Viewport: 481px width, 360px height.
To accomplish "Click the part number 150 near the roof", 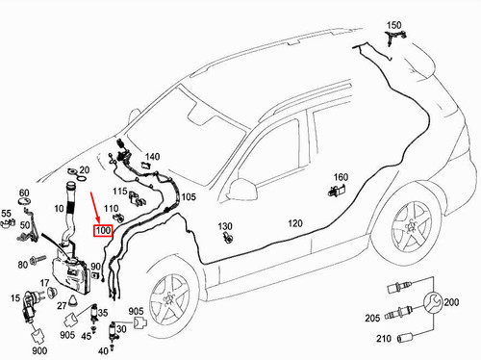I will coord(394,23).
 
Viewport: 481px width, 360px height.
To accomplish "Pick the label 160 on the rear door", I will coord(341,177).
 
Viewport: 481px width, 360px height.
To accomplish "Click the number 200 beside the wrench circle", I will coord(452,302).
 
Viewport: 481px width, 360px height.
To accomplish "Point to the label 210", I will coord(384,338).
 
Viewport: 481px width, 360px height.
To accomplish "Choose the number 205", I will coord(371,319).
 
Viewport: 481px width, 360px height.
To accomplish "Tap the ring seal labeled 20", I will coord(71,176).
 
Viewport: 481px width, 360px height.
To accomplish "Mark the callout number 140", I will coord(153,156).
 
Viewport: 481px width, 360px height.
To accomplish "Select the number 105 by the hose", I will coord(189,197).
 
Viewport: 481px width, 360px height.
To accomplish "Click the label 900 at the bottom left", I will coord(40,351).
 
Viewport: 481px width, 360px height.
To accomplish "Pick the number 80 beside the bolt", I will coord(23,264).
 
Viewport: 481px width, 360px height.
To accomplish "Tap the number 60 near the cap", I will coord(24,194).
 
